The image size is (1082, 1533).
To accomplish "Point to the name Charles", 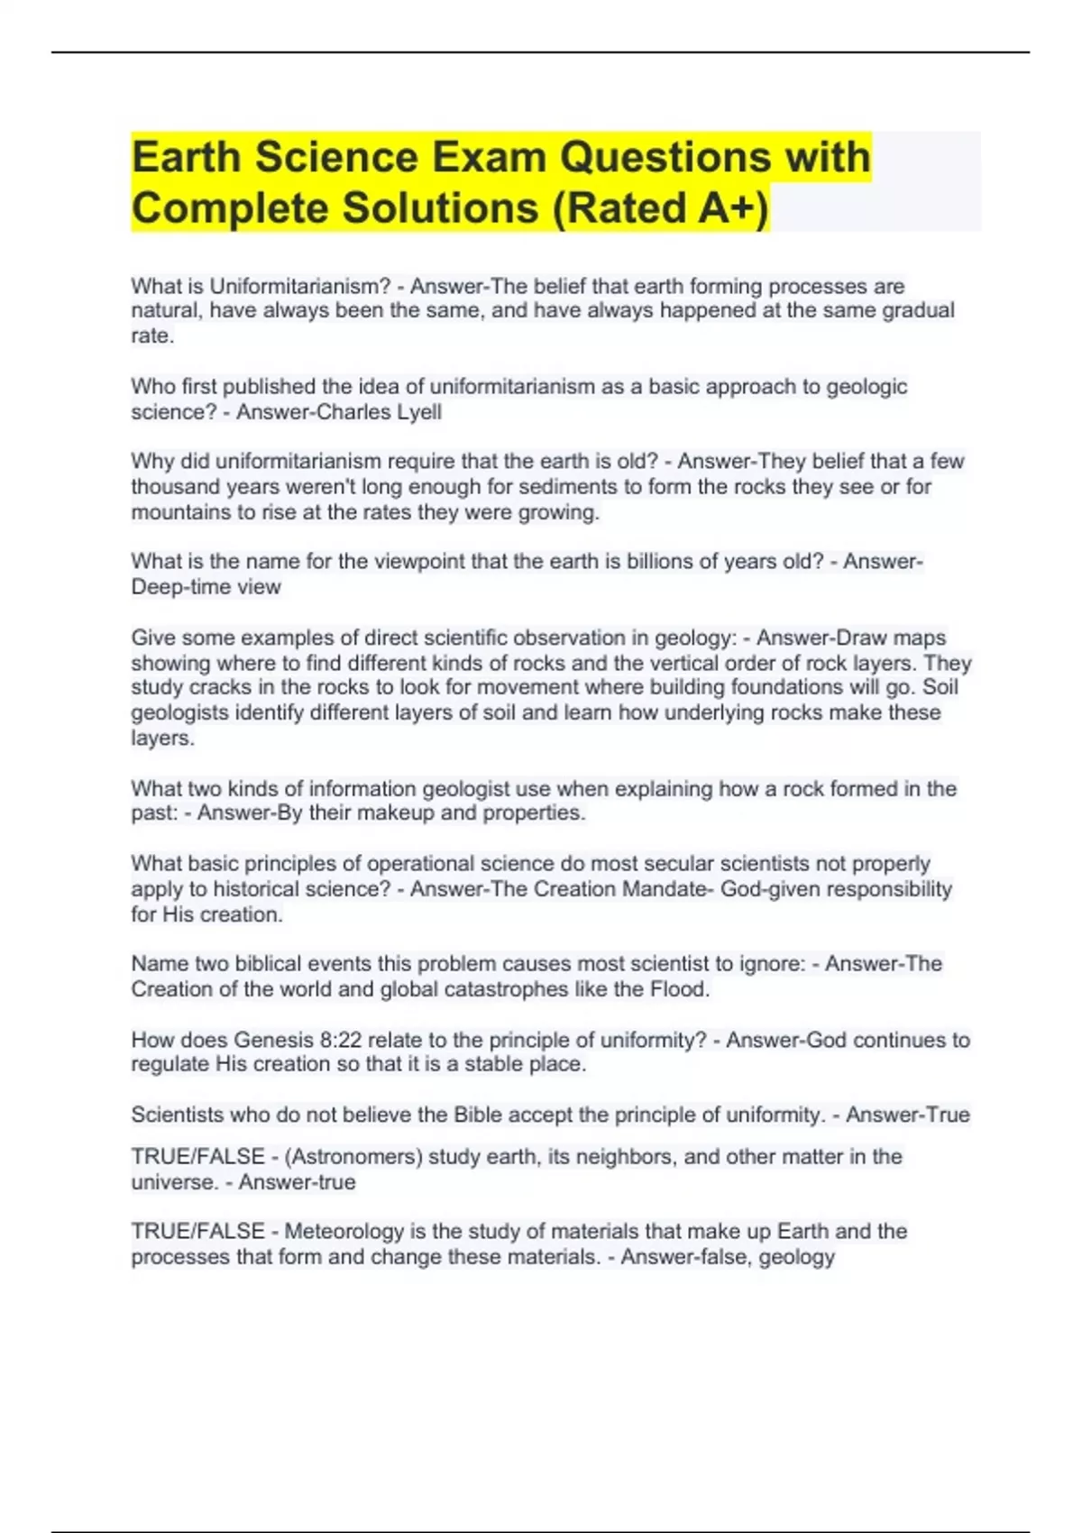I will click(359, 412).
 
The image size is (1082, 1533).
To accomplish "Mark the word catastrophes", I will click(500, 989).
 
